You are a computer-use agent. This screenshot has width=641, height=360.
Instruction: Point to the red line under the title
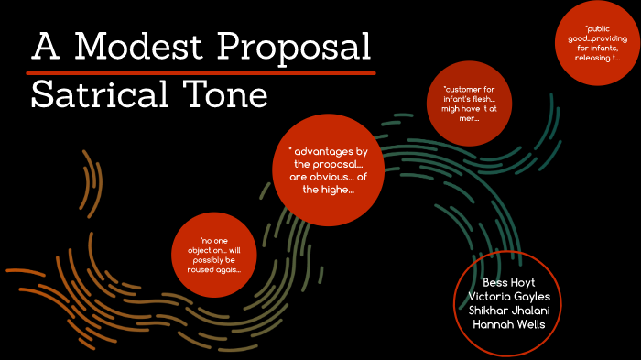click(201, 71)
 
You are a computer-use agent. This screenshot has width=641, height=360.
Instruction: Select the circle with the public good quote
click(597, 45)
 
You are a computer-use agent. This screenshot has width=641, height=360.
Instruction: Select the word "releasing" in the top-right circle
click(591, 58)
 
